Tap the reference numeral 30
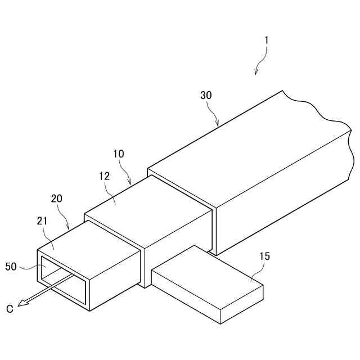206,95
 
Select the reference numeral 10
119,154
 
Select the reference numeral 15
264,256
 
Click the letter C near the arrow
10,308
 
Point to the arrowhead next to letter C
22,304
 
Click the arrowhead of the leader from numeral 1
256,73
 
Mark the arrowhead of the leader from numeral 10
130,183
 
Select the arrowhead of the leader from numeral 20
69,228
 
